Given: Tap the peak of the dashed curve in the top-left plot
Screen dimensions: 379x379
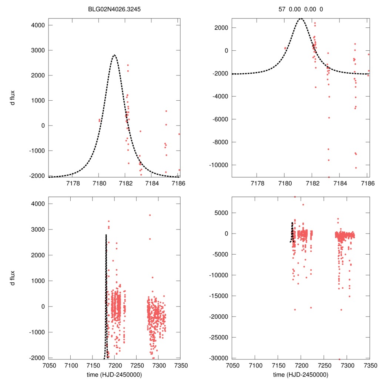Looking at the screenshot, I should tap(114, 55).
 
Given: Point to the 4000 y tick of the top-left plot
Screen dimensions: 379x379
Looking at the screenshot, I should tap(38, 25).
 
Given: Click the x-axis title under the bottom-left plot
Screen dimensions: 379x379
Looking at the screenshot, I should tap(115, 374).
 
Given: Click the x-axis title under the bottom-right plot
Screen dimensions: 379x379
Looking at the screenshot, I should tap(301, 374).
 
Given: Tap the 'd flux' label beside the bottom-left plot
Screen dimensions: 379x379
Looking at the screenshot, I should tap(13, 278).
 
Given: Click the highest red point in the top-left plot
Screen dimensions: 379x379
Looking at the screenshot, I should tap(128, 65).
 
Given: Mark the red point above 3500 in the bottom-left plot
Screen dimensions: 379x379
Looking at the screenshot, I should tap(150, 215).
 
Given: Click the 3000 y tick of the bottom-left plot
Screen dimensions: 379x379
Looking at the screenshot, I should tap(38, 229).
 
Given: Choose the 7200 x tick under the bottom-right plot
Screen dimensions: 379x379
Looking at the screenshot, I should tap(301, 365).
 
